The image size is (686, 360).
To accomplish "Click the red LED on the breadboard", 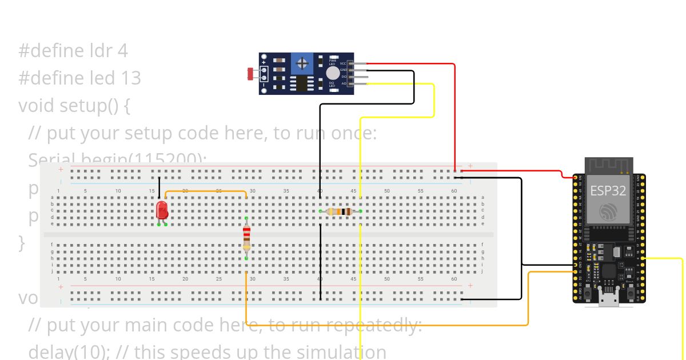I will pyautogui.click(x=162, y=210).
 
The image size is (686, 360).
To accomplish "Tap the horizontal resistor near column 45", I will pyautogui.click(x=340, y=211).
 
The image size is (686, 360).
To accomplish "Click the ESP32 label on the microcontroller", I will pyautogui.click(x=608, y=191).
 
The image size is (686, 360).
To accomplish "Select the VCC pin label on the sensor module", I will pyautogui.click(x=343, y=63).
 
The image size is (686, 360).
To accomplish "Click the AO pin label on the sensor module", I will pyautogui.click(x=344, y=83).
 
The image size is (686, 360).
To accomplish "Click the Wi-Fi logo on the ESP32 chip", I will pyautogui.click(x=608, y=212).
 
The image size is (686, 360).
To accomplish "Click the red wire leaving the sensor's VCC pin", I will pyautogui.click(x=412, y=63).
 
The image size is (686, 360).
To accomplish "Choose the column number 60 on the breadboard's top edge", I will pyautogui.click(x=454, y=190).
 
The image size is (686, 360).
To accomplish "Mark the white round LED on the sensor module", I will pyautogui.click(x=332, y=73).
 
